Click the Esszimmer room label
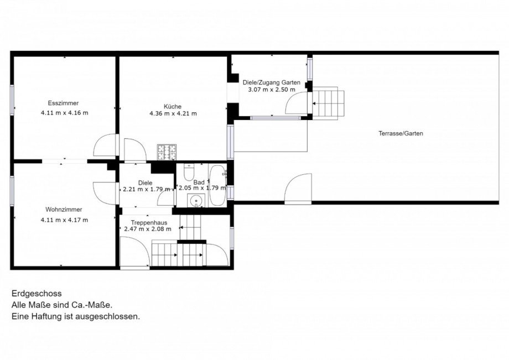click(x=63, y=103)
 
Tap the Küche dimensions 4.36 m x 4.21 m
click(x=173, y=113)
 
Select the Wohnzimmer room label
click(x=64, y=210)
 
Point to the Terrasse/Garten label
click(x=401, y=133)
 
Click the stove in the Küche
click(x=167, y=152)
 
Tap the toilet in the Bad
click(x=189, y=172)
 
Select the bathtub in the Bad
click(x=217, y=185)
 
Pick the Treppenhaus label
click(x=149, y=223)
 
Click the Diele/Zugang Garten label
click(x=272, y=83)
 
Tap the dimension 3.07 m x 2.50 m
click(x=272, y=90)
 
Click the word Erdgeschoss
click(x=37, y=294)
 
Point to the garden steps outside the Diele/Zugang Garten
click(x=328, y=103)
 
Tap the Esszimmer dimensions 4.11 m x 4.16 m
click(x=64, y=113)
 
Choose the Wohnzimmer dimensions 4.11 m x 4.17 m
click(x=64, y=220)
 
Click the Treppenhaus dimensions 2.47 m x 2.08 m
click(x=148, y=229)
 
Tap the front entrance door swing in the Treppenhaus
click(x=135, y=252)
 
